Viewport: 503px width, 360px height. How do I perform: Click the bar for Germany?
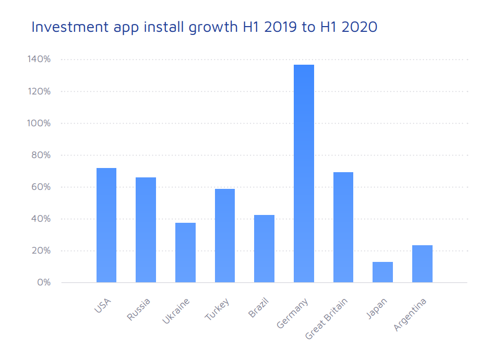304,174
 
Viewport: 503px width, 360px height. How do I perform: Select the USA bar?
106,225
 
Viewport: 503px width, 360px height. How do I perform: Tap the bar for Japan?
382,272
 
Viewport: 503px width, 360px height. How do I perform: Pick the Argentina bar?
422,264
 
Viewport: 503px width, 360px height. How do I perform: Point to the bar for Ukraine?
185,253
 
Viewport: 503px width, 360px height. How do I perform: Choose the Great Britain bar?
343,227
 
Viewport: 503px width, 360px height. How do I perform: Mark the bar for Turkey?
225,236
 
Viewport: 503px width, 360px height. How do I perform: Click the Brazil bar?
264,249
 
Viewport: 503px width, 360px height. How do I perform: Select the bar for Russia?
146,230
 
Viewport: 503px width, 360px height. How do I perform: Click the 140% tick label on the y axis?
39,59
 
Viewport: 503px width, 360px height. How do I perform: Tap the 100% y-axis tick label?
39,123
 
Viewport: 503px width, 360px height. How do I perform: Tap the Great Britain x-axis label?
327,319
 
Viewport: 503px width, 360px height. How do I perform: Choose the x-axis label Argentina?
410,315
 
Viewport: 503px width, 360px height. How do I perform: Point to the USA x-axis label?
102,306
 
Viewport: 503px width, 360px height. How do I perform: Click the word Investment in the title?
69,27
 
